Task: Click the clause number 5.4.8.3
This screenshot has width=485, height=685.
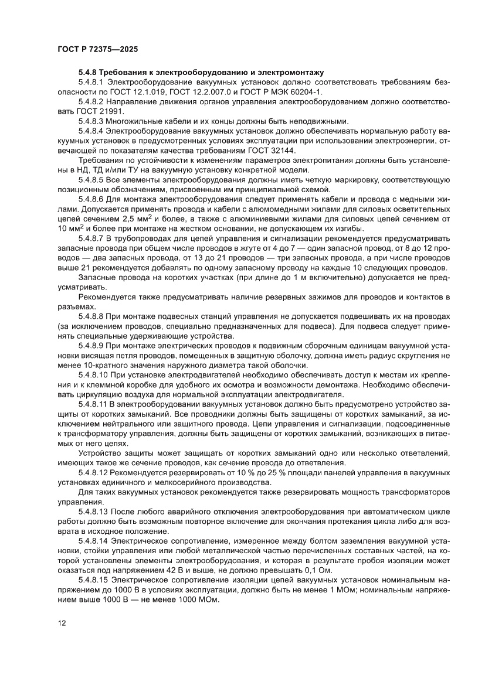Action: pos(94,121)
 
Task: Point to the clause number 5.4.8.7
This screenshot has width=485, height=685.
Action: pos(94,238)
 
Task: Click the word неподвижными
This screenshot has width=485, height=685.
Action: pos(316,121)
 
